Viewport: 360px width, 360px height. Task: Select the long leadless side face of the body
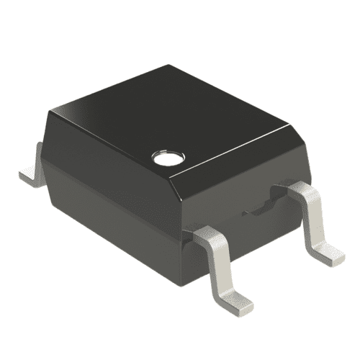pyautogui.click(x=108, y=194)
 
